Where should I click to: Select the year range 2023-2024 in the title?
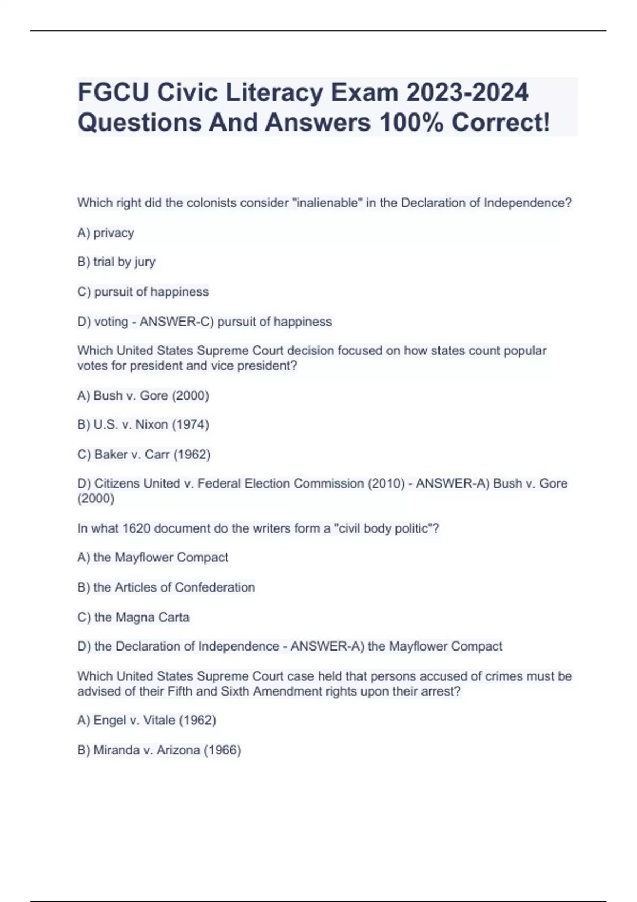point(467,92)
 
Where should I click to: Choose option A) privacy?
point(106,233)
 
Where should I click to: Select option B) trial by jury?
point(116,262)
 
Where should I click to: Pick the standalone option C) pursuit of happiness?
point(143,292)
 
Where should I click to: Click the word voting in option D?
point(111,322)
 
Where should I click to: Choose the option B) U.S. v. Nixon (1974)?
point(143,424)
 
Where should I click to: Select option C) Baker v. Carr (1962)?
point(144,455)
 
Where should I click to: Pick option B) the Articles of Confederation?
point(166,587)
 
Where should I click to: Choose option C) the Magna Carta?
point(133,617)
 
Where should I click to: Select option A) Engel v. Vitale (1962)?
point(147,720)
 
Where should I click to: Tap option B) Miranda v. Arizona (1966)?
point(159,750)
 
